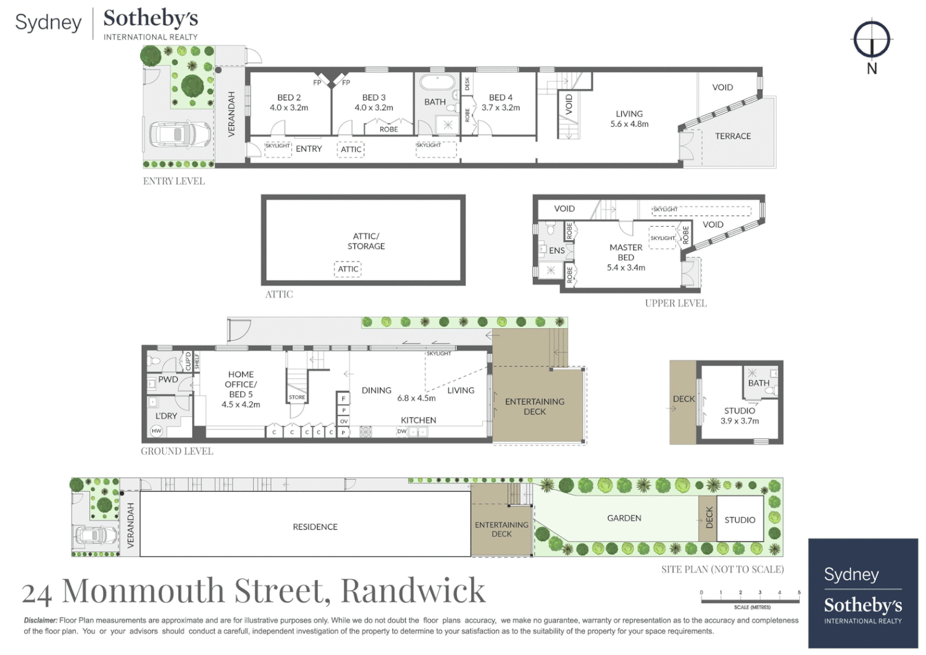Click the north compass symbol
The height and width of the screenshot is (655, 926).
tap(871, 40)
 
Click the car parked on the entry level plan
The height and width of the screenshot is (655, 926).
tap(179, 134)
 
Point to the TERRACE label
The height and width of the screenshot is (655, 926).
tap(733, 136)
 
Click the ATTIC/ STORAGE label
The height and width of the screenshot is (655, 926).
tap(366, 241)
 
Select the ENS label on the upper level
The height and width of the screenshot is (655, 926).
tap(557, 250)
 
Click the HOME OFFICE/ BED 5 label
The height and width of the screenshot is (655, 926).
tap(241, 389)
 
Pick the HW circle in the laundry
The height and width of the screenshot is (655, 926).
tap(156, 431)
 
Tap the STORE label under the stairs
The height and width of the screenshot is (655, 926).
tap(297, 397)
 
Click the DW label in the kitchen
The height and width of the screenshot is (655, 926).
tap(401, 431)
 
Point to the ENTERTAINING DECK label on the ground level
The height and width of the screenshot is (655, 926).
tap(534, 406)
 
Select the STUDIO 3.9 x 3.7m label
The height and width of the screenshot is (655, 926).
tap(739, 415)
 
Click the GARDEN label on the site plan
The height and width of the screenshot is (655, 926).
tap(624, 518)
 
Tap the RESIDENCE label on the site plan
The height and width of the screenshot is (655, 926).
tap(315, 527)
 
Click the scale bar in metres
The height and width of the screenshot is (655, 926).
tap(750, 600)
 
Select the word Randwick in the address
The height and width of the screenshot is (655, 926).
tap(413, 590)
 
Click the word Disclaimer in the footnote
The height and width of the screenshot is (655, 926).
tap(41, 620)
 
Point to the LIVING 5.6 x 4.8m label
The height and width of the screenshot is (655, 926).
tap(629, 119)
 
